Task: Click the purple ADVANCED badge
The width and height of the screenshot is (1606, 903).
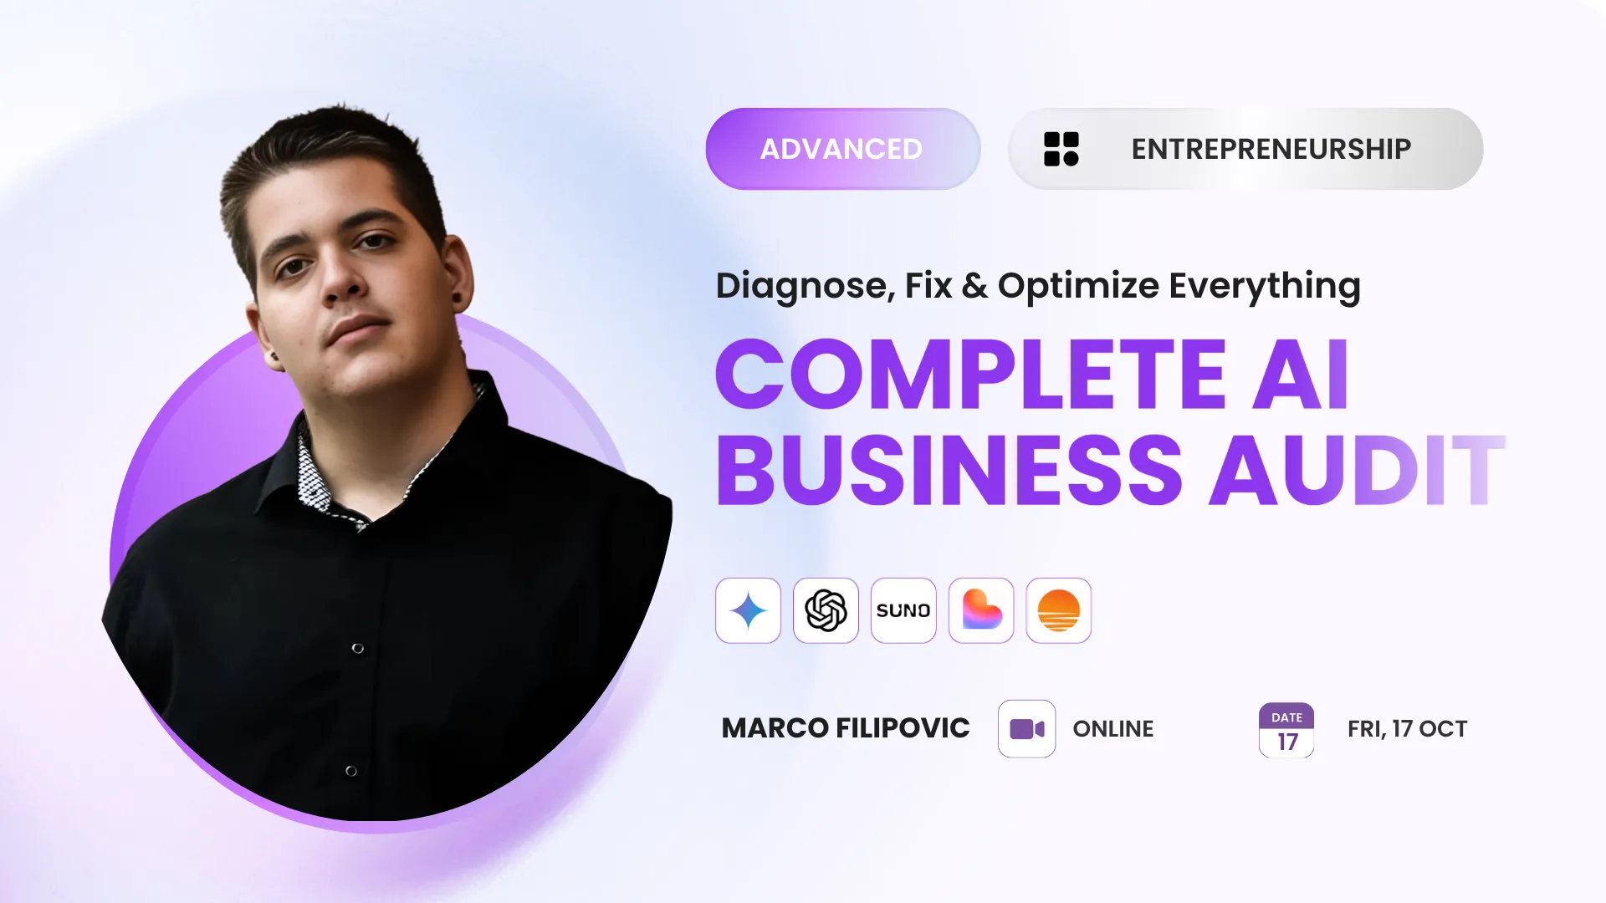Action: [x=842, y=149]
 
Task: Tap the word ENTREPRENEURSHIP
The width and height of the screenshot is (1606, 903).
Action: [x=1271, y=149]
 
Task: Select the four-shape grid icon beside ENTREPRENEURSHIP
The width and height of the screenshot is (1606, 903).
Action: [x=1061, y=149]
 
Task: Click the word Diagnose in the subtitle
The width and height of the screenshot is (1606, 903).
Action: [x=806, y=286]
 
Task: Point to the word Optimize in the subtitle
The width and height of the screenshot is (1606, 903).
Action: [x=1078, y=286]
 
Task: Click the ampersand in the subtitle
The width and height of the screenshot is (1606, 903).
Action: [x=974, y=286]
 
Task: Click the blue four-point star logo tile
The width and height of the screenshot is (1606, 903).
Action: [x=748, y=610]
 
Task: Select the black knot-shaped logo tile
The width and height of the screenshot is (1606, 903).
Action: [x=826, y=610]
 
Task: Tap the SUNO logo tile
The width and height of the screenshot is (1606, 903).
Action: [x=903, y=610]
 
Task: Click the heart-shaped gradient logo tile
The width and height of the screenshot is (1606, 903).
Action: [x=981, y=610]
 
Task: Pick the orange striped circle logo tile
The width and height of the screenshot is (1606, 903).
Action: [x=1059, y=610]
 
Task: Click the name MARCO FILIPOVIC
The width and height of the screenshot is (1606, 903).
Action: [x=846, y=728]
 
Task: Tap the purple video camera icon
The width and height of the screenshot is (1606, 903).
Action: [x=1027, y=729]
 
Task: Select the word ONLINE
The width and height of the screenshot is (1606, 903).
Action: [x=1113, y=729]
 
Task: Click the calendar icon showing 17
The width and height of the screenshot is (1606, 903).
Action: [x=1286, y=730]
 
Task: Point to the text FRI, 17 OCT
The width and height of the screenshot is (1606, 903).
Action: [x=1408, y=729]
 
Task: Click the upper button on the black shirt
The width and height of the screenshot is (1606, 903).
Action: [x=358, y=649]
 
